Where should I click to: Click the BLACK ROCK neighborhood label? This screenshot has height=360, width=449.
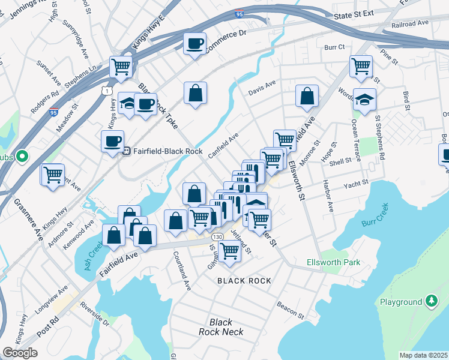244,281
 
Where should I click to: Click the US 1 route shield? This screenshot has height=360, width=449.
106,90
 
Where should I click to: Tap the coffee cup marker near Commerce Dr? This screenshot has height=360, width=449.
194,44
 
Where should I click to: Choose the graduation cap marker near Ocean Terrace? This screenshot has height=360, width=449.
364,99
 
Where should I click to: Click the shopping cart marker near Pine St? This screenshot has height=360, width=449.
361,66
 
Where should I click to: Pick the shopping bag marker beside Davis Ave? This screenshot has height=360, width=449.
307,95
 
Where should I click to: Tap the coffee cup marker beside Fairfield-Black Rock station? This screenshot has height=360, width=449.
112,142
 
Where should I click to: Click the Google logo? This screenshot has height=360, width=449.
20,353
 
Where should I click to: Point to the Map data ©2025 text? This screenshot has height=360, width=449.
423,355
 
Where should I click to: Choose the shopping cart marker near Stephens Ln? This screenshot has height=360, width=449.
121,67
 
